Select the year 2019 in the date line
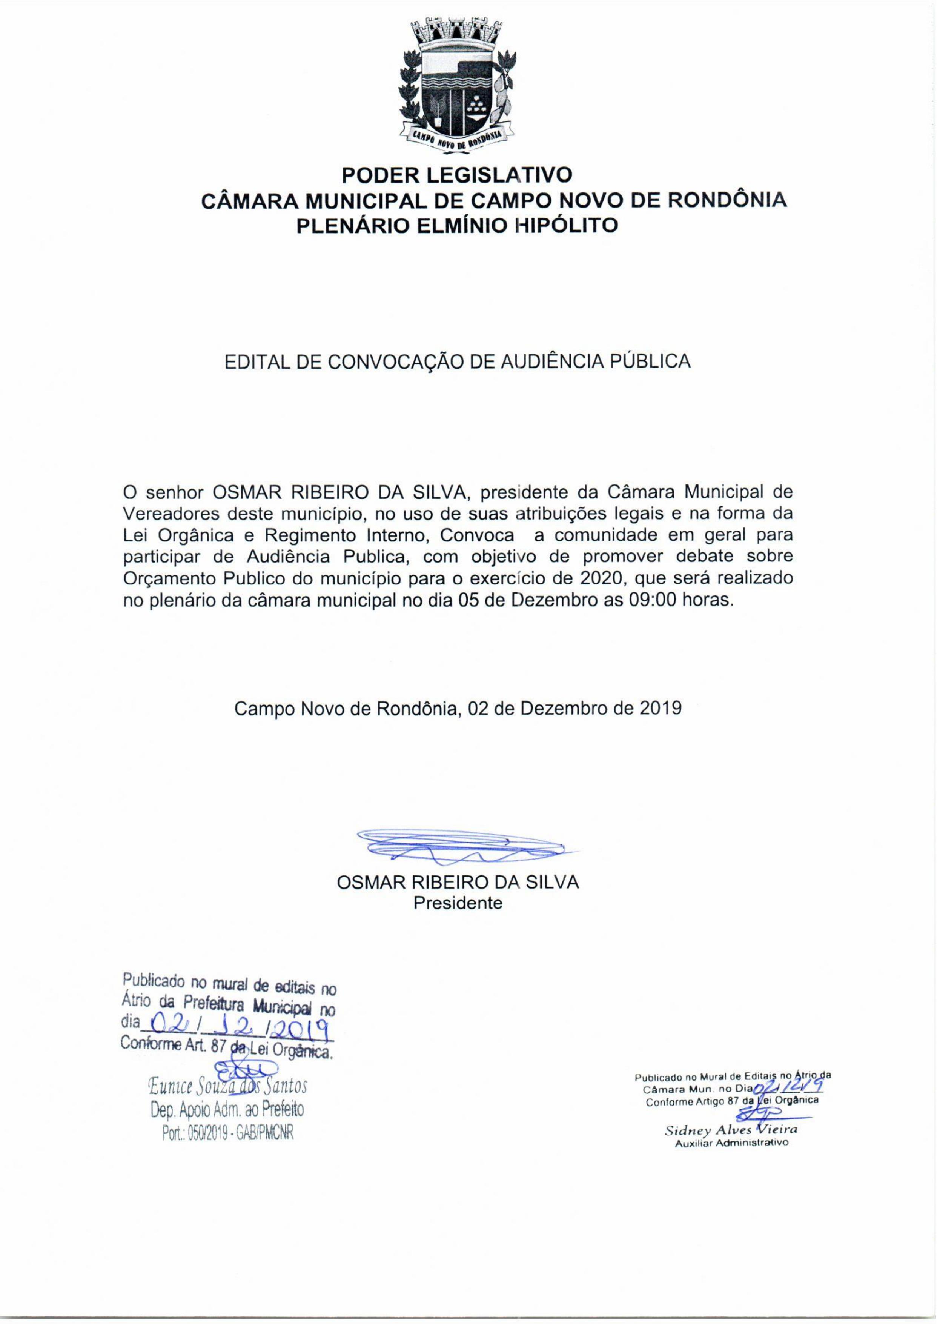tap(661, 708)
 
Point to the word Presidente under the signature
tap(458, 903)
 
